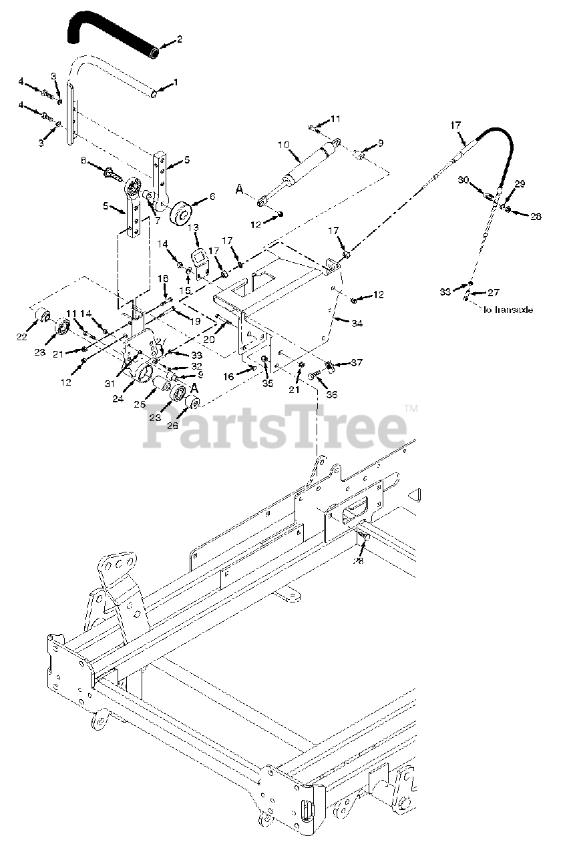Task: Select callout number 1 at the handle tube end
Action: click(x=176, y=83)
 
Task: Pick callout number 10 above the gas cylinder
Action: click(x=282, y=144)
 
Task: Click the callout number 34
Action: click(x=357, y=323)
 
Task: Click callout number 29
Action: click(x=520, y=183)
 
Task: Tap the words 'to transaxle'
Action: click(x=507, y=310)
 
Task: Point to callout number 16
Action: click(x=228, y=377)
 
